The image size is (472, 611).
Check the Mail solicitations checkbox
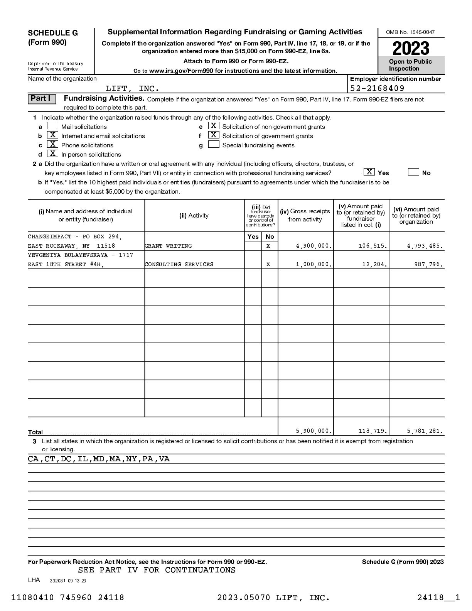click(52, 126)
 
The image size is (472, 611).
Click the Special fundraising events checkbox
click(214, 145)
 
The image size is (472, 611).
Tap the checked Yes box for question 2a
click(369, 172)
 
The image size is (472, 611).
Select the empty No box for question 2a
click(413, 172)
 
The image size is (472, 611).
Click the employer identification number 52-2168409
click(377, 88)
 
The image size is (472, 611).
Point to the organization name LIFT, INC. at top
click(132, 89)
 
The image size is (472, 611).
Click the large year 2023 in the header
click(411, 48)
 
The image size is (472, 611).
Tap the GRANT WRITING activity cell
click(169, 246)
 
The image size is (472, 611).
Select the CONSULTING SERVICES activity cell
click(179, 264)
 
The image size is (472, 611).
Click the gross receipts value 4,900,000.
click(314, 246)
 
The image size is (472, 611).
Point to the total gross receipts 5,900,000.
click(314, 431)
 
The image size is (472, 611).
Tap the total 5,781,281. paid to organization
click(425, 431)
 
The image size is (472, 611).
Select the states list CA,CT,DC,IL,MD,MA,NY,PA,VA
click(99, 459)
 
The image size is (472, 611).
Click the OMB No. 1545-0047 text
click(410, 32)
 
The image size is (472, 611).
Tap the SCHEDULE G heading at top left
click(53, 33)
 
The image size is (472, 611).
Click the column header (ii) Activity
click(194, 216)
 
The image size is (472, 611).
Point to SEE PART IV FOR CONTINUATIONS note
click(157, 570)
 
